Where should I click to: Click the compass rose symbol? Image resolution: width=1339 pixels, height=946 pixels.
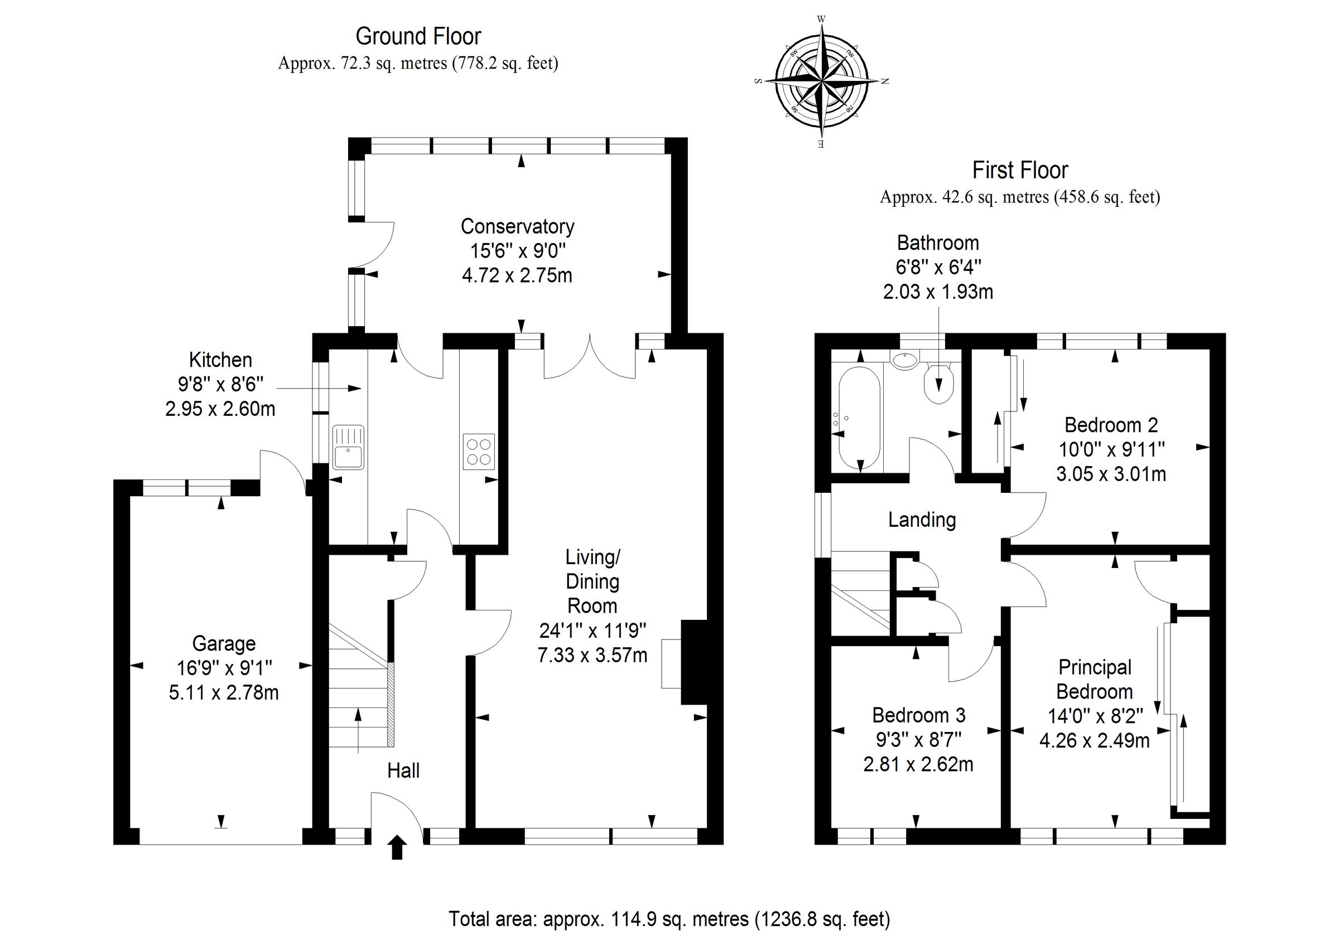tap(821, 81)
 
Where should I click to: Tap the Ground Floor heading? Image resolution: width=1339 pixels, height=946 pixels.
tap(418, 37)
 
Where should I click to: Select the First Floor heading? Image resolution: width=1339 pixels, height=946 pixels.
tap(1019, 170)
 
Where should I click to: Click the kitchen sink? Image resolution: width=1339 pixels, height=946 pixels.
tap(348, 447)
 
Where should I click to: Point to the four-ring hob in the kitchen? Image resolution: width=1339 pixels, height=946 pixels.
tap(479, 452)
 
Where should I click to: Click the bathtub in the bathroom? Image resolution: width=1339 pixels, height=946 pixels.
tap(859, 418)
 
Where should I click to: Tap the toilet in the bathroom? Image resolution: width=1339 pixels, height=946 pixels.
tap(939, 384)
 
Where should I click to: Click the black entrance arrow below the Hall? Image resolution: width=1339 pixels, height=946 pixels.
tap(397, 847)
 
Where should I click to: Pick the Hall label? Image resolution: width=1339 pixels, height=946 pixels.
tap(403, 770)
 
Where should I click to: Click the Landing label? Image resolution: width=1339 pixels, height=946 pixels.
tap(922, 520)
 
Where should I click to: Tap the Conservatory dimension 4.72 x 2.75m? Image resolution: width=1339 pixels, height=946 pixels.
tap(517, 275)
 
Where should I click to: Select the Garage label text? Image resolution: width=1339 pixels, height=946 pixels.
tap(224, 643)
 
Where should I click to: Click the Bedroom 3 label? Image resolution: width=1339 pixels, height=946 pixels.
tap(918, 715)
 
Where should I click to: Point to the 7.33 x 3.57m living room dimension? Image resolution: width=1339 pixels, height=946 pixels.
tap(592, 655)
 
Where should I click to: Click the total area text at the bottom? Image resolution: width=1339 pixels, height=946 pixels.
tap(669, 919)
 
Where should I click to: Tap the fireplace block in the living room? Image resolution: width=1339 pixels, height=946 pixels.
tap(693, 662)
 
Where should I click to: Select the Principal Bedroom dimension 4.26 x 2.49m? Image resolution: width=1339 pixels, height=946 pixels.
tap(1094, 740)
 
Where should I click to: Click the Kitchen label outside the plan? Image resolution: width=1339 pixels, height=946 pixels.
tap(220, 360)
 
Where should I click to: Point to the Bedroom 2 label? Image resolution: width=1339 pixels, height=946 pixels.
tap(1110, 425)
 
